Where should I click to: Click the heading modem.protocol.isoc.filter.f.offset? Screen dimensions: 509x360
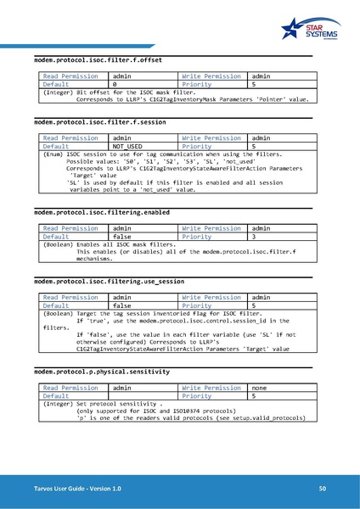(98, 61)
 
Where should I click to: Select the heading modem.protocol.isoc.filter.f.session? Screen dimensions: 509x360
(99, 122)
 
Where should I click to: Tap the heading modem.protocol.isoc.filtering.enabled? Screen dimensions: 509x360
(101, 212)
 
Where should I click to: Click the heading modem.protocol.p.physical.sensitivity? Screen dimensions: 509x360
(101, 372)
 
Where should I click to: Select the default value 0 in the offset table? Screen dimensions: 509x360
(115, 85)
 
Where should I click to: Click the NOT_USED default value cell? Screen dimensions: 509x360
(128, 146)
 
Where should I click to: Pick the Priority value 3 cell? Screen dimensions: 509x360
(253, 237)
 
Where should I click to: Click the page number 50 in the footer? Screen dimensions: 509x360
(322, 489)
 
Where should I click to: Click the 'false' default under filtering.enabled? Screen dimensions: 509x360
(122, 237)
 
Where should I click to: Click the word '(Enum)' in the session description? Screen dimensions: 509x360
(53, 154)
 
